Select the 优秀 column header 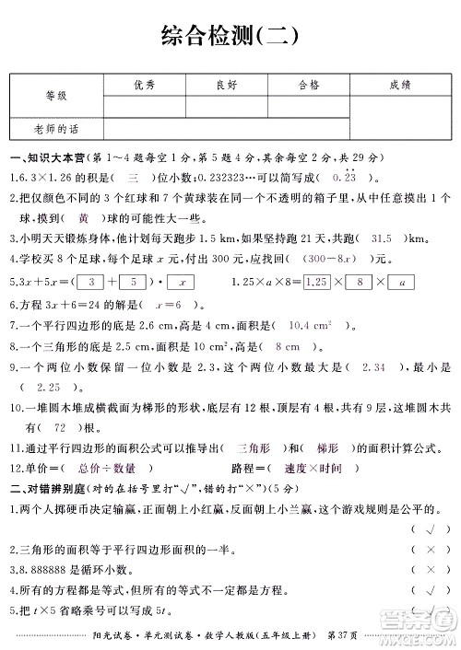[x=145, y=86]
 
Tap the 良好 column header [x=227, y=86]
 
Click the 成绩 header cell [x=400, y=86]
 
